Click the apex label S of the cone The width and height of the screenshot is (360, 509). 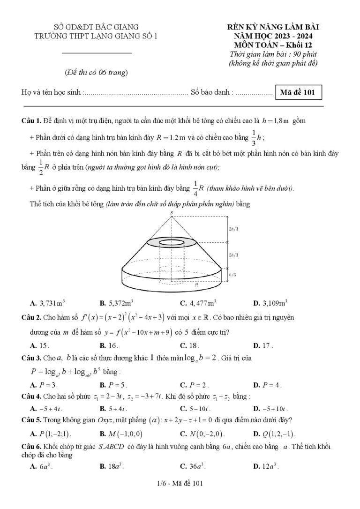click(172, 212)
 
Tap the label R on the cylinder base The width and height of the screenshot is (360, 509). click(196, 284)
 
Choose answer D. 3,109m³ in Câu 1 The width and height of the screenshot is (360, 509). click(270, 302)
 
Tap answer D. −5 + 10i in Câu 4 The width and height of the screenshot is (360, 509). click(270, 408)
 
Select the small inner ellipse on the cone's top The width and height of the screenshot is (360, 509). click(172, 243)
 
